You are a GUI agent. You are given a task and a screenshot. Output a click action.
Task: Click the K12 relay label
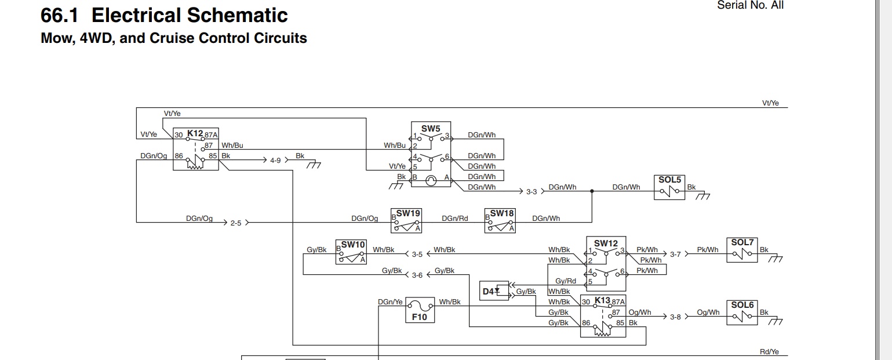click(x=195, y=133)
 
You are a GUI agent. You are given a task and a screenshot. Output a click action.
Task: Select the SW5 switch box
click(x=431, y=154)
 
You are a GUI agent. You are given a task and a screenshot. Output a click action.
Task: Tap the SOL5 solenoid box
click(x=669, y=187)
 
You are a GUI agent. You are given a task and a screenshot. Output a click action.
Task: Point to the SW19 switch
click(x=406, y=221)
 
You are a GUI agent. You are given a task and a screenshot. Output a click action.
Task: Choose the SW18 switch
click(x=500, y=221)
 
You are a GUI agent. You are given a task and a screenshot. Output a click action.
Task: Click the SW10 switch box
click(x=351, y=252)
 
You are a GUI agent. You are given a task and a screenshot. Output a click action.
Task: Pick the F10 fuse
click(x=420, y=310)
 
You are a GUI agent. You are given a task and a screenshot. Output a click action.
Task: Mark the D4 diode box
click(x=494, y=290)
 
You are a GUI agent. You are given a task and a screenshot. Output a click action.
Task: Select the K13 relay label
click(x=603, y=301)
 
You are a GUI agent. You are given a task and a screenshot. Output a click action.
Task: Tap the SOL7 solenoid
click(x=742, y=250)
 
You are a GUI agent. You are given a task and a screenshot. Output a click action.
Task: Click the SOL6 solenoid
click(x=742, y=312)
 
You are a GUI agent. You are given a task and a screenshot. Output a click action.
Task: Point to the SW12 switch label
click(x=606, y=243)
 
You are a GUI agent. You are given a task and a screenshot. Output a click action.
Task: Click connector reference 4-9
click(x=275, y=161)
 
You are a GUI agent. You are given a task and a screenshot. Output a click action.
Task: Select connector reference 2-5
click(x=236, y=223)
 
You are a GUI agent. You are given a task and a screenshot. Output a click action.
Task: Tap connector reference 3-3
click(x=531, y=192)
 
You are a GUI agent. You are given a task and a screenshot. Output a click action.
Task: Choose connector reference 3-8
click(x=675, y=317)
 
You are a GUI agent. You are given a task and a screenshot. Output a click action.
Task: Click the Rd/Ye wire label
click(x=769, y=352)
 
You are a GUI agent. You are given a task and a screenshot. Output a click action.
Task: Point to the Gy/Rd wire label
click(x=566, y=281)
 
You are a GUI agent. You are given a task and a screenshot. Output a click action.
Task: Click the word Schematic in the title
click(x=237, y=16)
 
